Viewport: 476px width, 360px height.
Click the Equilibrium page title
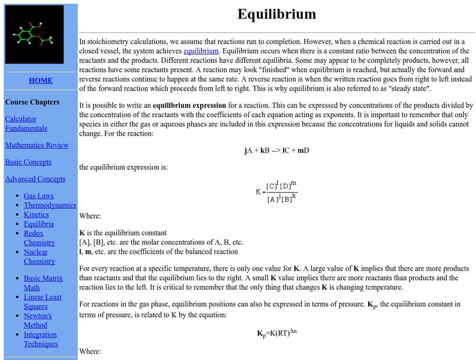coord(276,14)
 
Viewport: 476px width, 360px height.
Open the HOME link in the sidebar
coord(41,80)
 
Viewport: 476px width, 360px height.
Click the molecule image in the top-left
coord(34,34)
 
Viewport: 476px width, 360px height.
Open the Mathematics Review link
coord(37,145)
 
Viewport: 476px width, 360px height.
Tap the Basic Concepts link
coord(28,162)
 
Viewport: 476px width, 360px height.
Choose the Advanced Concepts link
coord(35,179)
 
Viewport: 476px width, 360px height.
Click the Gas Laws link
coord(38,196)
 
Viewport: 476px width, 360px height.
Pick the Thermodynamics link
coord(50,205)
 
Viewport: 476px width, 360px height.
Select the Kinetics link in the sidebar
coord(37,215)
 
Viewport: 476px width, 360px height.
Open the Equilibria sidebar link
coord(38,224)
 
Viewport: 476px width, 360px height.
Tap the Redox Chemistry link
coord(40,238)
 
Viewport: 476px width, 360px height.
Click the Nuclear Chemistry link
coord(40,257)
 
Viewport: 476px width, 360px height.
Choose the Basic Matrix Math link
coord(44,283)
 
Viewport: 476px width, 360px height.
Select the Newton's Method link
coord(38,320)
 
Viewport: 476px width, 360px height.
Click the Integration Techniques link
coord(41,339)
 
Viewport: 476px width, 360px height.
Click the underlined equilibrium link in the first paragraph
coord(201,51)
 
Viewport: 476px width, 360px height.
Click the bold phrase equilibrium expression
coord(189,105)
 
